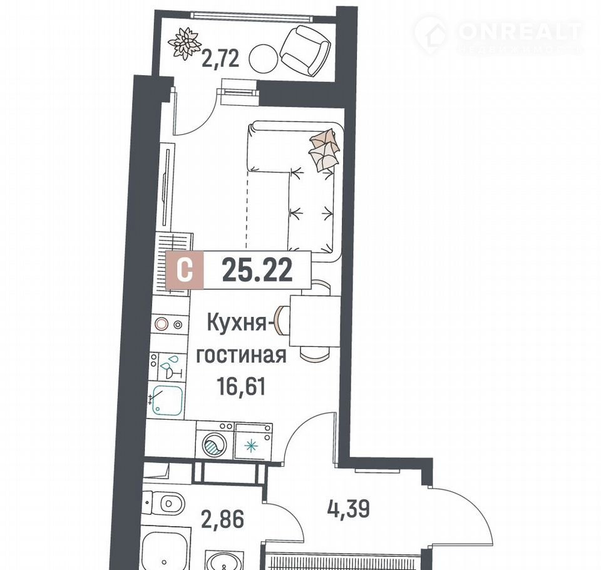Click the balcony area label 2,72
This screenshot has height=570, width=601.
pos(220,60)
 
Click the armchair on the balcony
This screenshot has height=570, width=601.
pos(305,50)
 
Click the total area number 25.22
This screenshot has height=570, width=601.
pos(257,270)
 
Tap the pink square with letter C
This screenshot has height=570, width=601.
pos(184,270)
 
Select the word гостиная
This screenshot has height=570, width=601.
pos(241,356)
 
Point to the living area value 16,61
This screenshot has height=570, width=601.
pos(241,386)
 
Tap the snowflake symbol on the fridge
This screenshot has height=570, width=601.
pos(251,446)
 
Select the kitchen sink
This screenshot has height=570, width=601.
pos(167,400)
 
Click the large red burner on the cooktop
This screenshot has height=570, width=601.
pos(162,324)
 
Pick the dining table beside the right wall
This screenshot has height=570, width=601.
pos(315,321)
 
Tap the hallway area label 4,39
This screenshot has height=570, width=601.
pos(349,509)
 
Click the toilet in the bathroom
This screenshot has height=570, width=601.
pos(165,503)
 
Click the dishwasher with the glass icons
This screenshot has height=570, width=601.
pos(168,366)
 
